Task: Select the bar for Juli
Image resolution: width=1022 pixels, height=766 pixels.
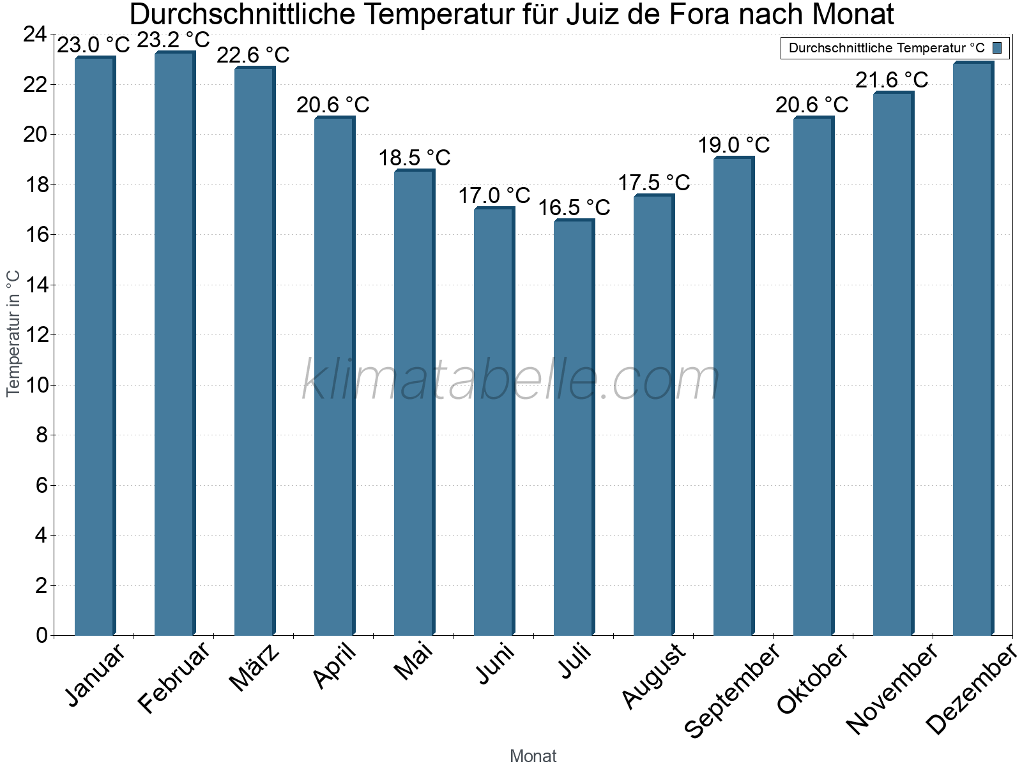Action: point(574,428)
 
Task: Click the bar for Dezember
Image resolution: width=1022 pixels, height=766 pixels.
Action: point(973,349)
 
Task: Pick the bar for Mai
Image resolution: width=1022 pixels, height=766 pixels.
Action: point(414,403)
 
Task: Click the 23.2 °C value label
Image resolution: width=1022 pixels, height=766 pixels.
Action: point(174,40)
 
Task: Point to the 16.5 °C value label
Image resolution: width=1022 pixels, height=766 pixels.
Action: point(574,207)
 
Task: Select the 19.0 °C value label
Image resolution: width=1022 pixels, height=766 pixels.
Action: point(733,145)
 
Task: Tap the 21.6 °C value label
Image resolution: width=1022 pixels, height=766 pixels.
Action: point(892,80)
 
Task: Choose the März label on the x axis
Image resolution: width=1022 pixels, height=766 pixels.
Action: point(254,668)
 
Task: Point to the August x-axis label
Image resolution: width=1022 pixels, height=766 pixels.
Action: point(653,676)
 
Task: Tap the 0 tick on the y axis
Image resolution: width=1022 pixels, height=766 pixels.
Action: point(42,635)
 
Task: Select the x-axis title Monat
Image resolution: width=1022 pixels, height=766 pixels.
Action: point(533,756)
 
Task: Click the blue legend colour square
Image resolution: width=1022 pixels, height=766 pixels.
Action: point(997,48)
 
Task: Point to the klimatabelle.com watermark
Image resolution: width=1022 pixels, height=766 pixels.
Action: point(511,380)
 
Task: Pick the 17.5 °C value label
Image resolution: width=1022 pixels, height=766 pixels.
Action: point(653,183)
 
